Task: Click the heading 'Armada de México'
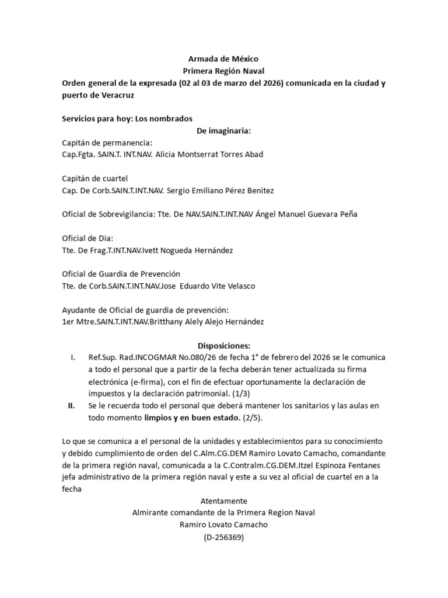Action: [x=223, y=59]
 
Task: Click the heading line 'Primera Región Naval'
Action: [x=223, y=71]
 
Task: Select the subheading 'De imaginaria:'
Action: [x=223, y=130]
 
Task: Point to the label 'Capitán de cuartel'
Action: [x=94, y=178]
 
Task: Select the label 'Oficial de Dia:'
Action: [x=87, y=238]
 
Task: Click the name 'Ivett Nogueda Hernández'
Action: [x=186, y=250]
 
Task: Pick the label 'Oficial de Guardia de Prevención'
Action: [x=121, y=274]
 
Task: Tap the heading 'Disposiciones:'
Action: [x=223, y=346]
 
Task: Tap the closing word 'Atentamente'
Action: [x=223, y=501]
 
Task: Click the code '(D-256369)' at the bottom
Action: [x=223, y=537]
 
